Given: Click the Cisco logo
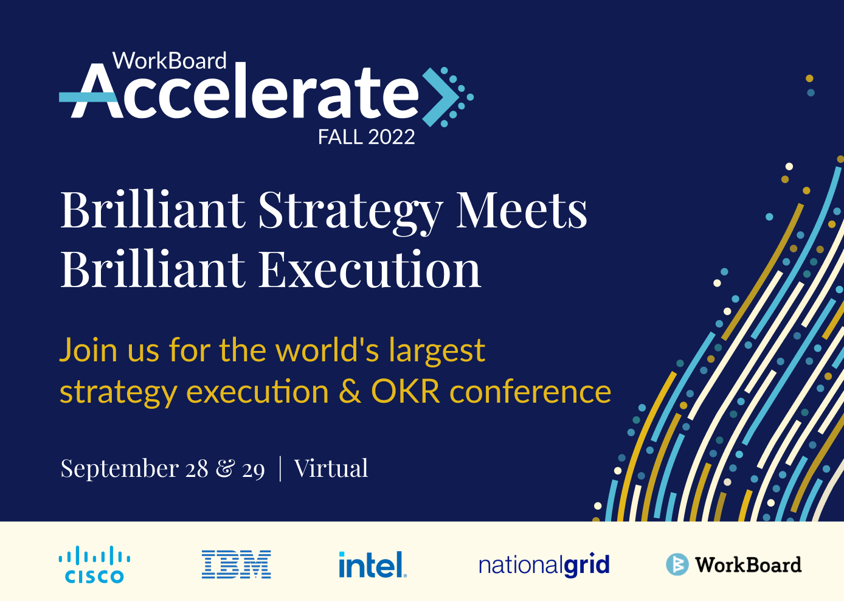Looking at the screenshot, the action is pos(95,565).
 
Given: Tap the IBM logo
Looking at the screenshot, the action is pos(237,565).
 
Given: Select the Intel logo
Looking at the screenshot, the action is pos(373,565).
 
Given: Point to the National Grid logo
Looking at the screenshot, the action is pos(544,565).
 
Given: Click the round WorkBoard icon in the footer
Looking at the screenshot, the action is pos(677,565).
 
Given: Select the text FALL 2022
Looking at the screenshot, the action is pos(366,137).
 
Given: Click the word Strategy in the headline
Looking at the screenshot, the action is pos(350,211).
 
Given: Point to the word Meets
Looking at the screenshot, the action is pos(522,209).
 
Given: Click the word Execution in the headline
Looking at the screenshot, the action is pos(370,269).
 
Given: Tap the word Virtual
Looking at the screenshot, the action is pos(331,468).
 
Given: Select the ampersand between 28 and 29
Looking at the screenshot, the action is pos(226,468).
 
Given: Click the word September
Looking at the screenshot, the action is pos(120,470).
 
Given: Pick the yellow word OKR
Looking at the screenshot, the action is pos(406,392).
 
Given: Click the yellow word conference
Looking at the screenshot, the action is pos(530,392).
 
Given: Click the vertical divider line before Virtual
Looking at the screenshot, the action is pos(280,468).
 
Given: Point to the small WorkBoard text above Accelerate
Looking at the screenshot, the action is pos(170,61).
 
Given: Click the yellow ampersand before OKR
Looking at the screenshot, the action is pos(350,392).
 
